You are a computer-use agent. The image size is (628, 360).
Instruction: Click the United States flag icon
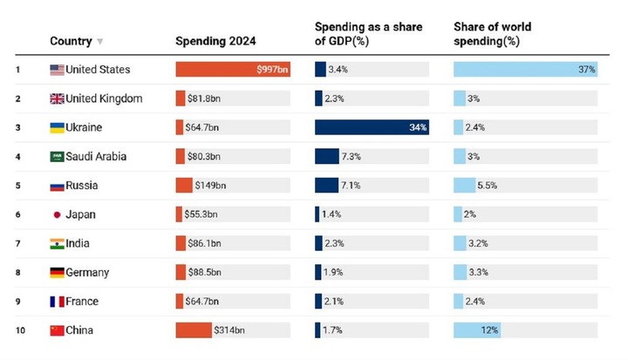point(57,70)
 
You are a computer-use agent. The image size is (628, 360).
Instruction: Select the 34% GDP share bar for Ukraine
point(372,127)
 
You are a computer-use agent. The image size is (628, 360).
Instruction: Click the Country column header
point(71,41)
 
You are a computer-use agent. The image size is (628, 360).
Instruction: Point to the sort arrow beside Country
point(100,41)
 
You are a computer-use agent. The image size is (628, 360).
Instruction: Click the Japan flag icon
point(57,214)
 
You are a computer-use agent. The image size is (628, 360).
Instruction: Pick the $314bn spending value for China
point(229,330)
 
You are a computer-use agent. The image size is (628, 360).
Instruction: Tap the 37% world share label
point(585,70)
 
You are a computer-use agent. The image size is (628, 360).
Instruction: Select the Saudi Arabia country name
point(96,157)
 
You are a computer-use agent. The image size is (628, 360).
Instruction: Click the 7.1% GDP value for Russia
point(351,186)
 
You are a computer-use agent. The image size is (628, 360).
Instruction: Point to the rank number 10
point(18,330)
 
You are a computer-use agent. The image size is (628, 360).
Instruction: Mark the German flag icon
point(57,273)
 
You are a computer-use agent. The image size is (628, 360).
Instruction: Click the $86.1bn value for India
point(204,243)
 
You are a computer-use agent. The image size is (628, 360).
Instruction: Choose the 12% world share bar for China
point(476,330)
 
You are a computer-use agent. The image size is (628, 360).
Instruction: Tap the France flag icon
point(57,302)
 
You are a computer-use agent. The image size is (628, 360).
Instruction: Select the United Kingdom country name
point(104,98)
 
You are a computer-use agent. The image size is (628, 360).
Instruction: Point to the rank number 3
point(17,127)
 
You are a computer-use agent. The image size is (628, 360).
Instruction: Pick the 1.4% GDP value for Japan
point(331,214)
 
